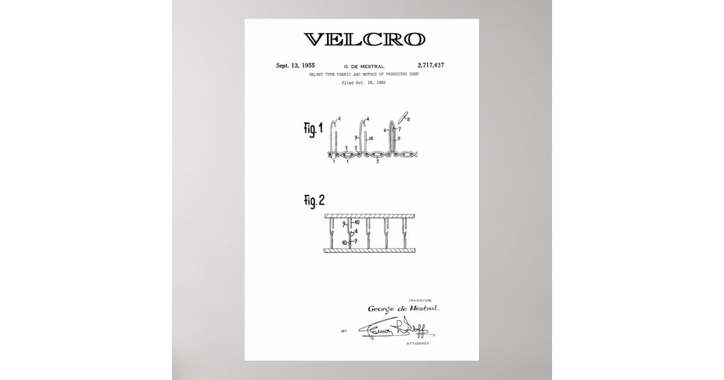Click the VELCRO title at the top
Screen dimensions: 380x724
(364, 40)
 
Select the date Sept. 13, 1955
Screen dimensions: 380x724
(295, 65)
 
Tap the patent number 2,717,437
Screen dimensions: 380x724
(431, 65)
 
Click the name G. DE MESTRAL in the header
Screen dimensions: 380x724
(364, 65)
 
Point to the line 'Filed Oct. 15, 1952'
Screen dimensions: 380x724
(364, 82)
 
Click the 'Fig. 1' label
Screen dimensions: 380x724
(313, 129)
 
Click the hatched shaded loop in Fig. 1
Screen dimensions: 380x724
(394, 138)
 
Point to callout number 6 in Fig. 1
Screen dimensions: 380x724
(386, 130)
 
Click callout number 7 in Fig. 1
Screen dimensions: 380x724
(399, 130)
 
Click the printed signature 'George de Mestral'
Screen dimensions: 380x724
(404, 308)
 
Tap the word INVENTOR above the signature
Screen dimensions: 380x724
(420, 300)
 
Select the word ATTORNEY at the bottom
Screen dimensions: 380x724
(417, 343)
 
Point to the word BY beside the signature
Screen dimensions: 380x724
(344, 331)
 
